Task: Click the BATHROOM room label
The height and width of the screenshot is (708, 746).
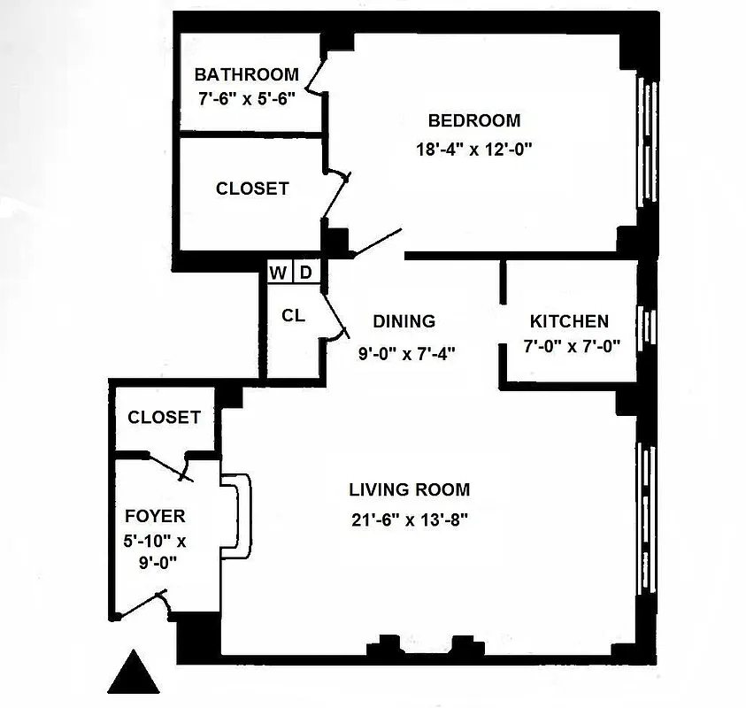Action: (246, 74)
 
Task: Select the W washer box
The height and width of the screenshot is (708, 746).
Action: (278, 273)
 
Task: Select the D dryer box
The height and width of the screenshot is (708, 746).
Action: (305, 273)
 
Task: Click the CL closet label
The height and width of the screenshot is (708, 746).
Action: (293, 315)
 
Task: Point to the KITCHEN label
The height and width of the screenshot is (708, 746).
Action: (569, 321)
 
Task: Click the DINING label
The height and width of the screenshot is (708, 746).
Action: (404, 321)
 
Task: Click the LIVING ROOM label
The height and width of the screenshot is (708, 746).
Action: (409, 489)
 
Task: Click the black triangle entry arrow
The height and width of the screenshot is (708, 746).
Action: (134, 673)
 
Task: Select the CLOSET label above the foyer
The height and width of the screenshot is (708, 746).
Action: (164, 417)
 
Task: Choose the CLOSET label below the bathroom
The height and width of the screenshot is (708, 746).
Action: (252, 189)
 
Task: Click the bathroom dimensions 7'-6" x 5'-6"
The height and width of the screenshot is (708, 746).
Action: (246, 97)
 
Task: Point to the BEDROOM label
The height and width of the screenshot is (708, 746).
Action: (473, 120)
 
